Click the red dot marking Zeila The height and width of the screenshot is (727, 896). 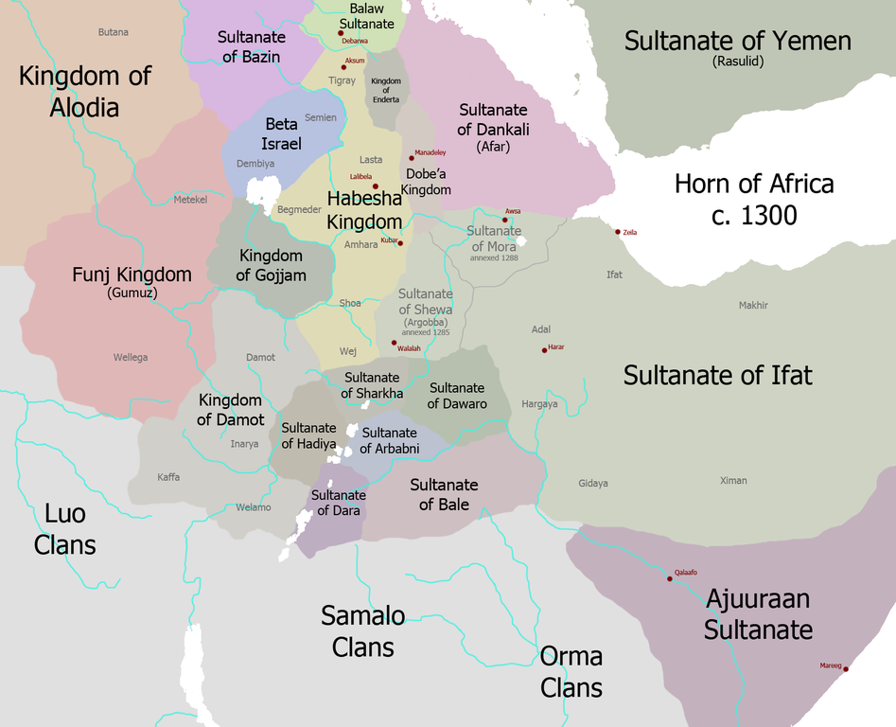point(618,232)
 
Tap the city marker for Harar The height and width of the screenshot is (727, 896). point(544,350)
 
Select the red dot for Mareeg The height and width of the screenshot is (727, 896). point(845,669)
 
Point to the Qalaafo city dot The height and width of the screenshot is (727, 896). point(670,578)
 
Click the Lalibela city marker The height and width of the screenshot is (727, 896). point(375,186)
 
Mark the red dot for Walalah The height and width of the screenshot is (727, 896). point(394,344)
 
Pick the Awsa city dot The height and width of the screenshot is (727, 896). point(505,219)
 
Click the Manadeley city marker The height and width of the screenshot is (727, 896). point(412,157)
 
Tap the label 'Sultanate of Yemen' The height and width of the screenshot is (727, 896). point(737,41)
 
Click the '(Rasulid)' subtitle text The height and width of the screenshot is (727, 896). point(737,62)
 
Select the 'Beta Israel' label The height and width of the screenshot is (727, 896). point(281,134)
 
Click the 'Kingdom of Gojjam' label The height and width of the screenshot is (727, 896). point(271,265)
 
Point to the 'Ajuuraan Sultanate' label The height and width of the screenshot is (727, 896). point(758,613)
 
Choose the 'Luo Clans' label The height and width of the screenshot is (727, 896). point(65,529)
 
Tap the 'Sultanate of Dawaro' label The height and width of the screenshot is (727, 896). point(457,396)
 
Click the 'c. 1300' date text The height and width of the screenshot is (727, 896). point(754,216)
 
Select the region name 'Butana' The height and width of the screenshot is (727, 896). point(113,32)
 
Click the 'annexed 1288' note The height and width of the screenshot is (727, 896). point(493,257)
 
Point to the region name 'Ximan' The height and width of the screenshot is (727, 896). point(733,481)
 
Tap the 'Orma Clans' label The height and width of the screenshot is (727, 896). point(571,671)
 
